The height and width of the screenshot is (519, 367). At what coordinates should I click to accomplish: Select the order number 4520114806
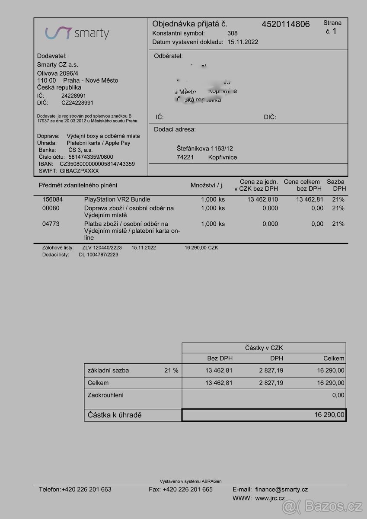click(286, 24)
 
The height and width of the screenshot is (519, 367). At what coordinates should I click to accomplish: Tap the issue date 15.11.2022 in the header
click(243, 42)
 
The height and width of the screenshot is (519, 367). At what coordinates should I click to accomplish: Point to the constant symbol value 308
click(232, 33)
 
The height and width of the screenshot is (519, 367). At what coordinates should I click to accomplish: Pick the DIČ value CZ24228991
click(77, 103)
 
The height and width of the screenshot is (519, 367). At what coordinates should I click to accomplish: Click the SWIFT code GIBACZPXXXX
click(79, 171)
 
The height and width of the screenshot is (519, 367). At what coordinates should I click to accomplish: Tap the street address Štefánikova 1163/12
click(205, 148)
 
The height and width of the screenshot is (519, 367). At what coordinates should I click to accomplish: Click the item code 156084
click(52, 199)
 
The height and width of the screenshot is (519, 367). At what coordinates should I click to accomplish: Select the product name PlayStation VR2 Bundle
click(117, 199)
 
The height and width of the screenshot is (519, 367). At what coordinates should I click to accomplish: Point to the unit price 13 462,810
click(262, 199)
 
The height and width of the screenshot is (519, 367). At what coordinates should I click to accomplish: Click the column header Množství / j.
click(207, 185)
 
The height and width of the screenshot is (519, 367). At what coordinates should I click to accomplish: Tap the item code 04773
click(51, 224)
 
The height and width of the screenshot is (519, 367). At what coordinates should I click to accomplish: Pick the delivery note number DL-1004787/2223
click(98, 255)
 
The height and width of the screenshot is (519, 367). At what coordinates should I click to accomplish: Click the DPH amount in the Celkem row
click(271, 383)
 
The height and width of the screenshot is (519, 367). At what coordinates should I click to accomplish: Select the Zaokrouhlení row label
click(106, 395)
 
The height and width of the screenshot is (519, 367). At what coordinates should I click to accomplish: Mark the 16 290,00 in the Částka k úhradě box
click(329, 415)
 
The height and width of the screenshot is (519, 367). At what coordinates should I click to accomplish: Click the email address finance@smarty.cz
click(282, 489)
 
